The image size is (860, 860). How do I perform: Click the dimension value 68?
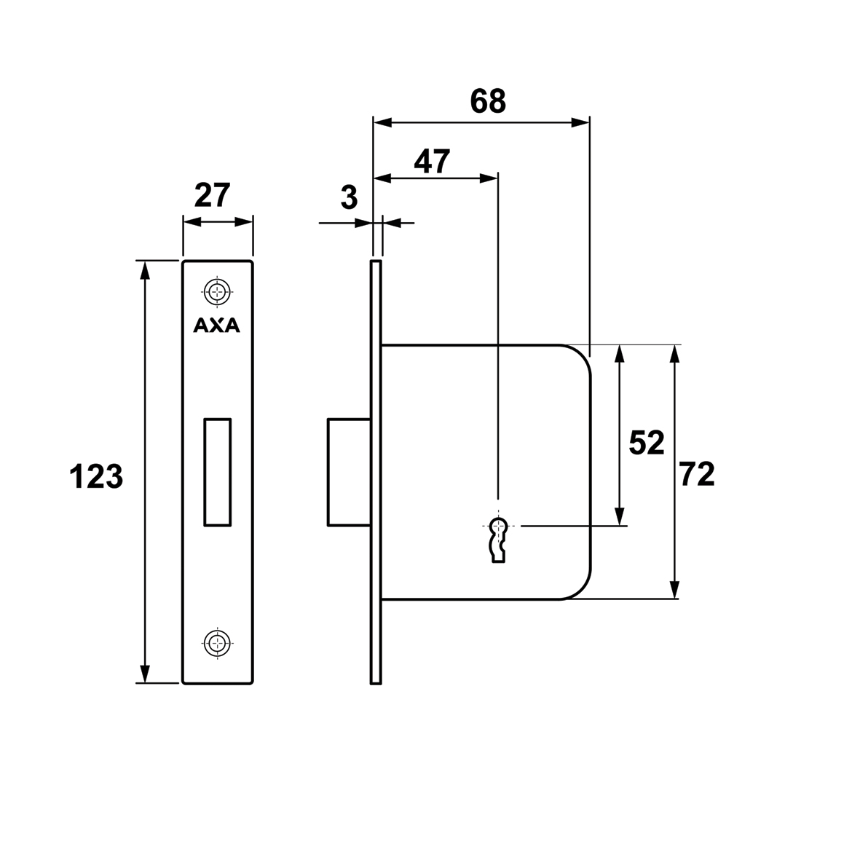[488, 101]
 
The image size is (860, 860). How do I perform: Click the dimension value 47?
[432, 162]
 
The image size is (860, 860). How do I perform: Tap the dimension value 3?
[349, 197]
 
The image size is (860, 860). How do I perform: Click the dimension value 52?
[646, 443]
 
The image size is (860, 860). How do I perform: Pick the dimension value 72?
[697, 475]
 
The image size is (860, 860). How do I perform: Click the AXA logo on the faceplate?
[217, 326]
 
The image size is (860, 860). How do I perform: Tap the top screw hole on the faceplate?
[218, 291]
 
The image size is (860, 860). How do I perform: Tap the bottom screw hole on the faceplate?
[218, 642]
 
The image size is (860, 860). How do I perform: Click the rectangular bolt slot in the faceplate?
[218, 472]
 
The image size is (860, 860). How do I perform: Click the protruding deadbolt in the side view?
[349, 472]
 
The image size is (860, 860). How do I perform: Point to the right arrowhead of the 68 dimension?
[580, 122]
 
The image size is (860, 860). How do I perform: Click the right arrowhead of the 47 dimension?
[489, 178]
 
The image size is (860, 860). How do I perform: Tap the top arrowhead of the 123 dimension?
[145, 270]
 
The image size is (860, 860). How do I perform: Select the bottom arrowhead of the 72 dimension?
[675, 590]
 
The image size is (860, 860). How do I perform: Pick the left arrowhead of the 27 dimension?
[192, 221]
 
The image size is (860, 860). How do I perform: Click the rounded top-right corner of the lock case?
[581, 355]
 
